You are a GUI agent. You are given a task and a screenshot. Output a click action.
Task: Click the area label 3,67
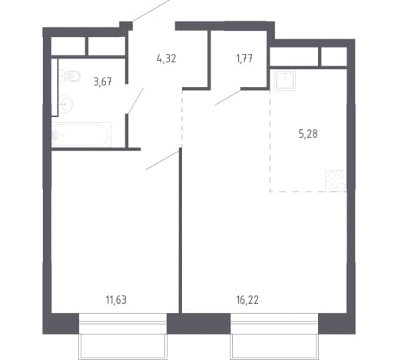point(103,82)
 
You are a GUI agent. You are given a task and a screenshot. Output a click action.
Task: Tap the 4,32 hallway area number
point(167,58)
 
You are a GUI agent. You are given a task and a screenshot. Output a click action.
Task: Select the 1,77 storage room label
point(244,58)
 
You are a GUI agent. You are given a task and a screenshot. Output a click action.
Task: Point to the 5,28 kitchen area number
point(308,134)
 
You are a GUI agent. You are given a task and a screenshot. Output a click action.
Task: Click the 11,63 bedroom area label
point(116,300)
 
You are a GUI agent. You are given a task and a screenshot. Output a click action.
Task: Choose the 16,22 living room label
point(247,300)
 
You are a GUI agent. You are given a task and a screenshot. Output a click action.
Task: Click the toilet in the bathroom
point(70,76)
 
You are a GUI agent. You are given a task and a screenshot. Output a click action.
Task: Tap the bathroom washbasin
point(66,104)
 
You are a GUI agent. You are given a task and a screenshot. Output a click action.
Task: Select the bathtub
point(81,135)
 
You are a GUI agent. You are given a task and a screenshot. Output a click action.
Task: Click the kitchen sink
point(285,81)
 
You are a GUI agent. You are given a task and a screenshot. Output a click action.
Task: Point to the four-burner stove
point(336,181)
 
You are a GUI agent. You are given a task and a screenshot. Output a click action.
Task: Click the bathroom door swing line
point(135,101)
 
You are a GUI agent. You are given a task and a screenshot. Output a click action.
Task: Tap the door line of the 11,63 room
point(162,160)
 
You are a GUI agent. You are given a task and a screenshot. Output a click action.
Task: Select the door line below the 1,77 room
point(227,98)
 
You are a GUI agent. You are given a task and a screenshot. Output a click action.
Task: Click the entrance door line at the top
point(151,11)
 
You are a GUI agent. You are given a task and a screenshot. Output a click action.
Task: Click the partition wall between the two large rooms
point(181,230)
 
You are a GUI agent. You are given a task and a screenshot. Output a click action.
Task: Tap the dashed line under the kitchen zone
point(308,192)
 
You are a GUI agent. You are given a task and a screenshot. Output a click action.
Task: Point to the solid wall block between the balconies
point(198,324)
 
